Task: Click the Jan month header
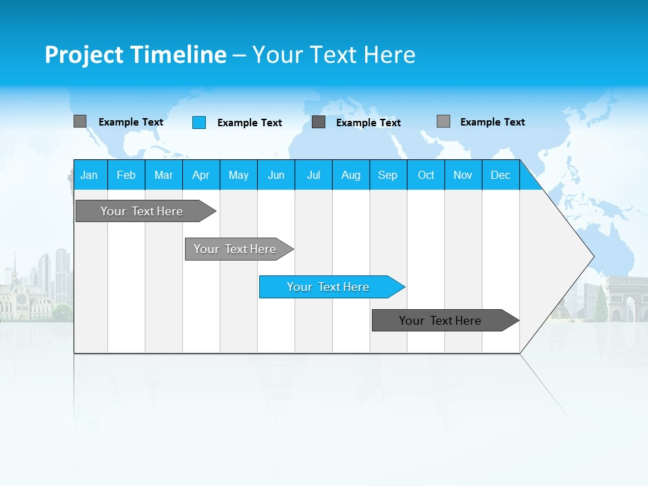click(x=90, y=175)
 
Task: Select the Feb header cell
click(x=126, y=175)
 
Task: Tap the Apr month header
click(x=201, y=175)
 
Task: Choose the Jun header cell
click(x=276, y=175)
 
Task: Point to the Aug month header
click(x=351, y=175)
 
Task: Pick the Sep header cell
click(x=388, y=175)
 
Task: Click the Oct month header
click(x=426, y=175)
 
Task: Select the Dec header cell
click(x=501, y=175)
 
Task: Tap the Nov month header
click(x=463, y=175)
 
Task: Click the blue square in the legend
click(x=199, y=122)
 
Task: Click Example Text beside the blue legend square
click(x=250, y=123)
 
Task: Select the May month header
click(x=238, y=175)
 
